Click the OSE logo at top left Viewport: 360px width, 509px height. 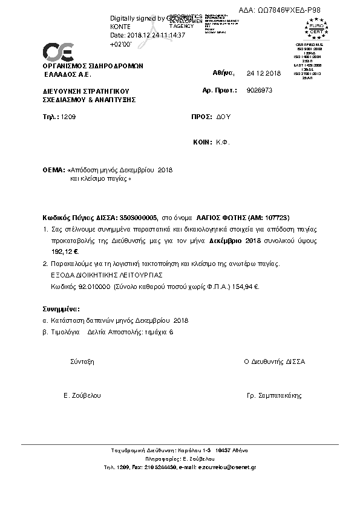click(x=58, y=51)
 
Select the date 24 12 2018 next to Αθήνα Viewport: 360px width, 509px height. click(x=264, y=73)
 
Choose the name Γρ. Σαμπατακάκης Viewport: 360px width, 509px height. click(x=274, y=395)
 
